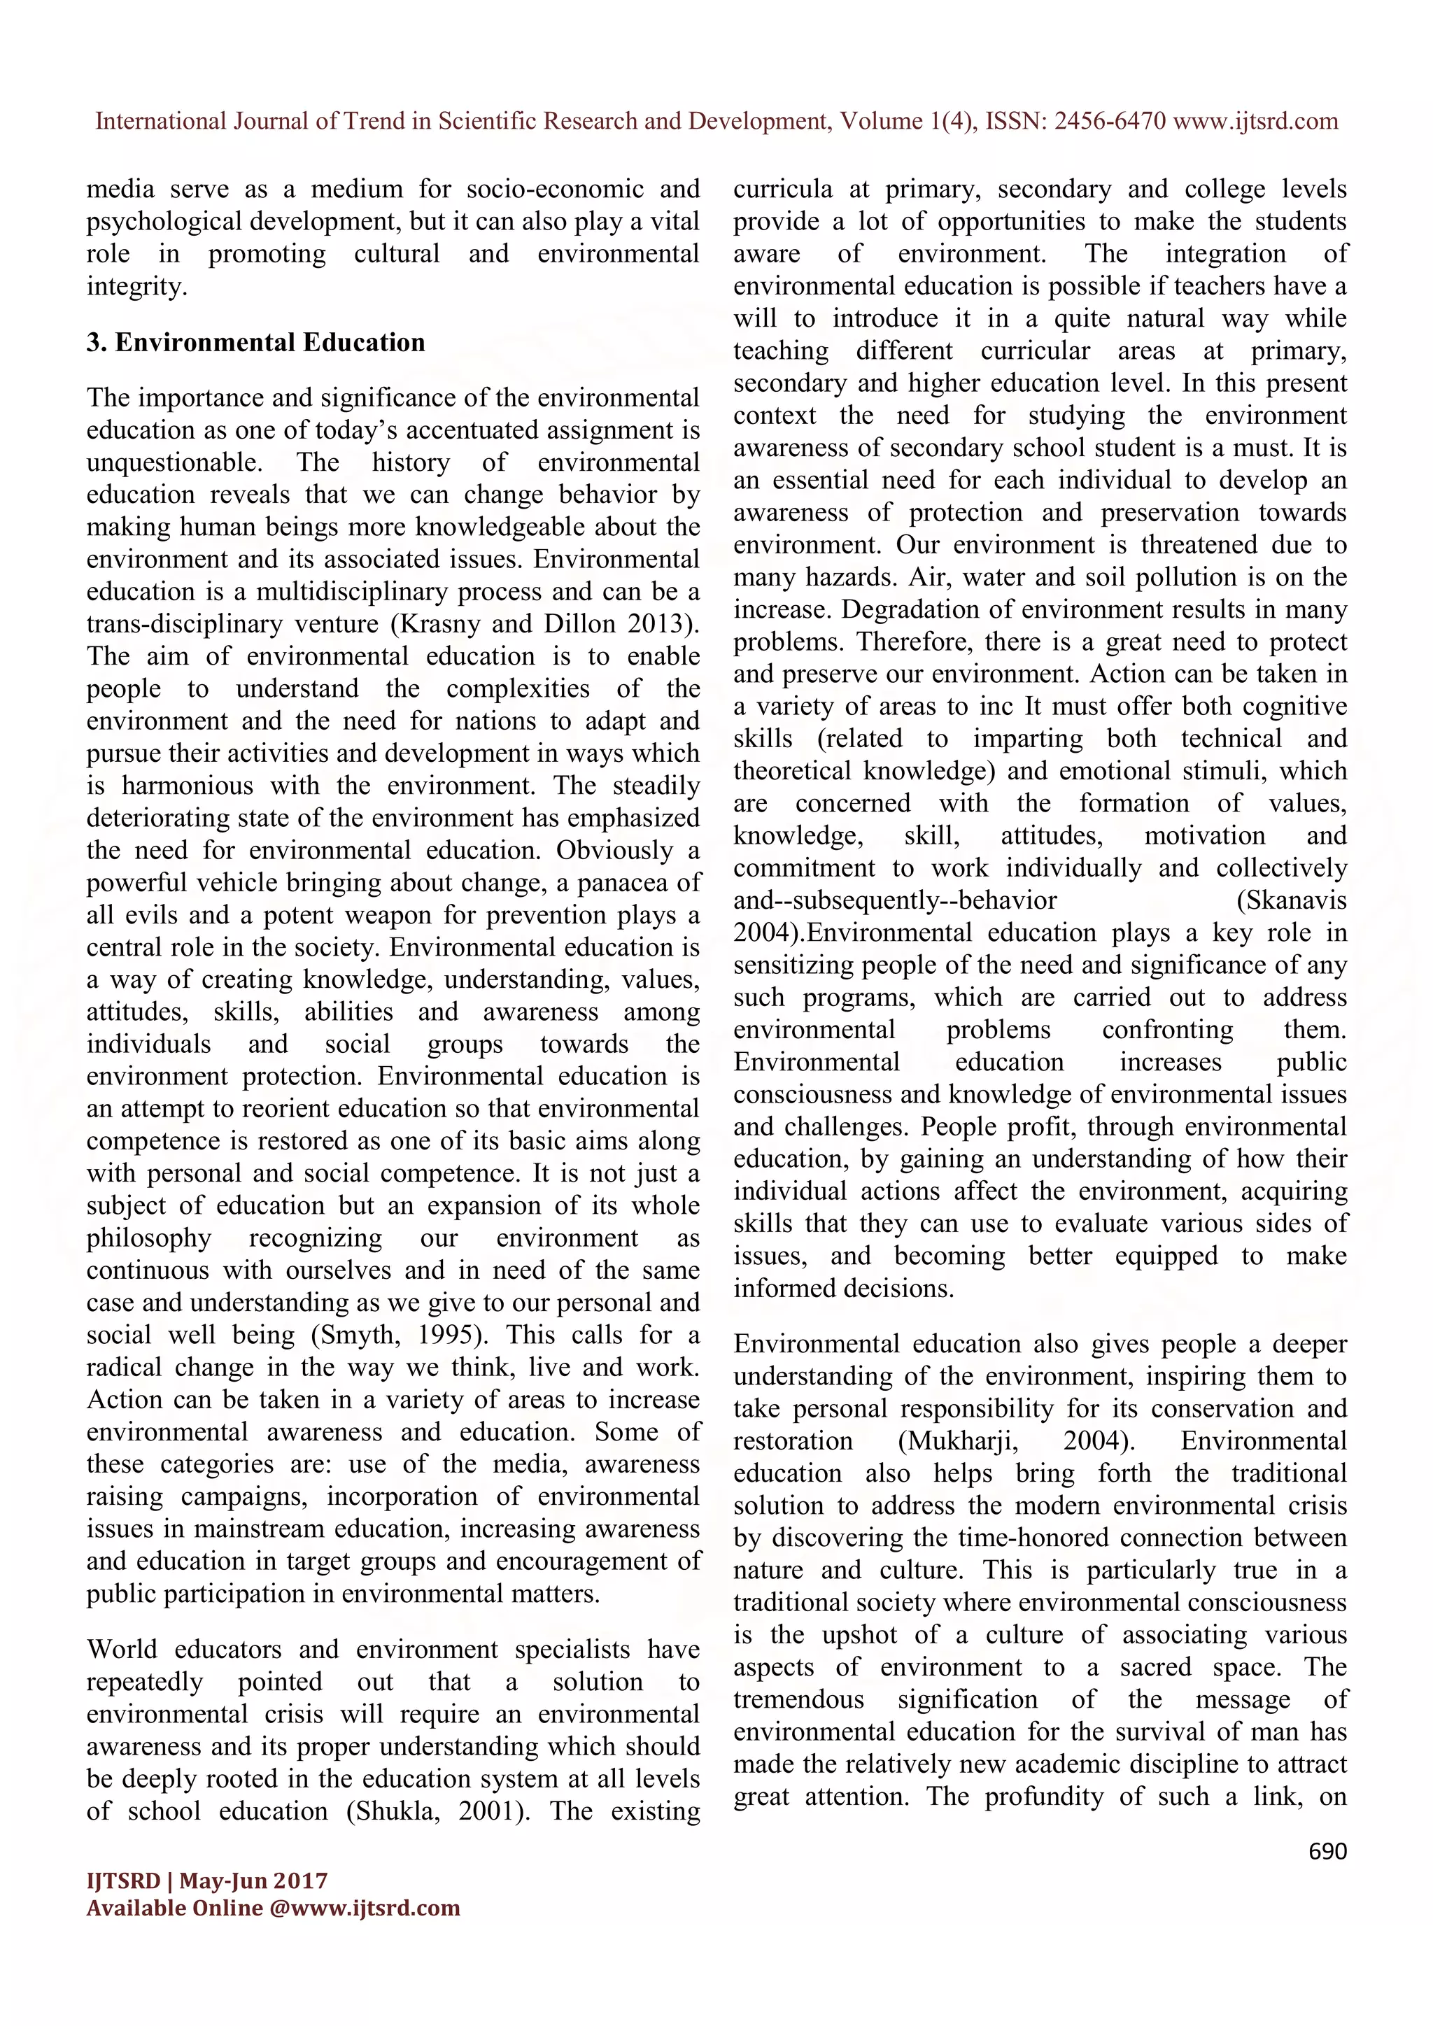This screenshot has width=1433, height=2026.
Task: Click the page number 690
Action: pos(1327,1850)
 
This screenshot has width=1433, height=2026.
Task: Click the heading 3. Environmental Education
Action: pos(256,342)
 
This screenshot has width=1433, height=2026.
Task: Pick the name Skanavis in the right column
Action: pos(1292,900)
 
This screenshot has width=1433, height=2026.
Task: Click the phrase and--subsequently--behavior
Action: pos(895,900)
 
